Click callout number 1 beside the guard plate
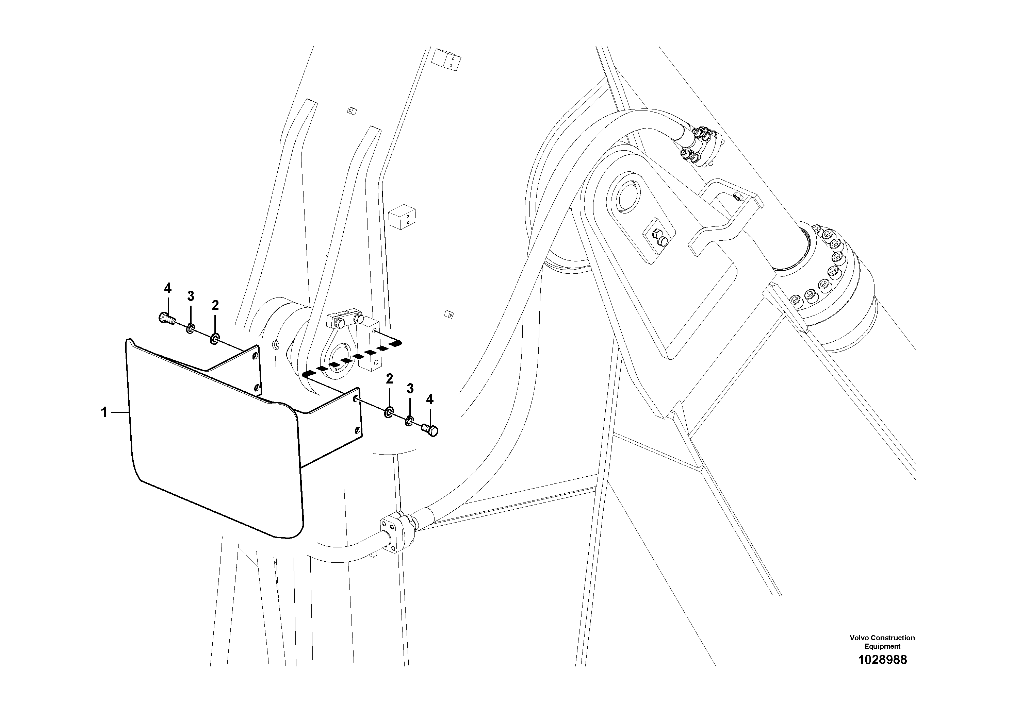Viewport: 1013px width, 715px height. (104, 413)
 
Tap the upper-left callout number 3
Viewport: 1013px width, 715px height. (190, 296)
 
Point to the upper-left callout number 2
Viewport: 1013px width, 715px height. (215, 305)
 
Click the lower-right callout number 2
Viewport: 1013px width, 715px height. (389, 379)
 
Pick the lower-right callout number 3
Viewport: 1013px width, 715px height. (410, 389)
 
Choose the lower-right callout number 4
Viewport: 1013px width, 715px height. (430, 399)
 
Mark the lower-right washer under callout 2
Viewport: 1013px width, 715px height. (389, 413)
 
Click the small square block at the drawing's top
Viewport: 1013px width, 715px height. (446, 58)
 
